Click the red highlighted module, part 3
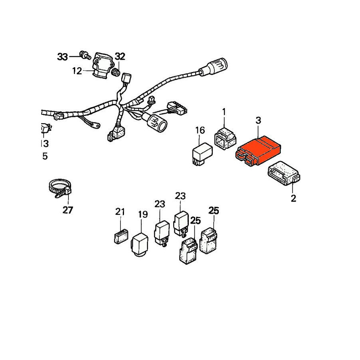pyautogui.click(x=258, y=151)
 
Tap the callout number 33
pyautogui.click(x=62, y=57)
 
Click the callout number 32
pyautogui.click(x=120, y=56)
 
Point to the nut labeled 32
pyautogui.click(x=116, y=72)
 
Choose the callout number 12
pyautogui.click(x=77, y=71)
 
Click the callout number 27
pyautogui.click(x=68, y=210)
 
